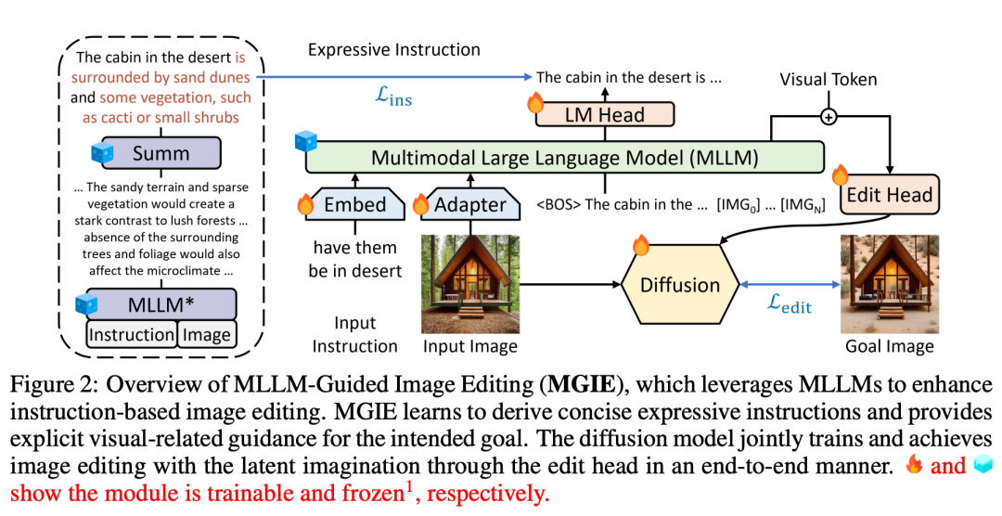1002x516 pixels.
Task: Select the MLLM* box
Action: pyautogui.click(x=161, y=304)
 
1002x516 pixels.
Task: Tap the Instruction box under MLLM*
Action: pyautogui.click(x=132, y=334)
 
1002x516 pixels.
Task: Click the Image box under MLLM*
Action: pyautogui.click(x=206, y=334)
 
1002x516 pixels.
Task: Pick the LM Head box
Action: pyautogui.click(x=603, y=115)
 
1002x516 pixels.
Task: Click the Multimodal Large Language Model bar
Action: pyautogui.click(x=564, y=158)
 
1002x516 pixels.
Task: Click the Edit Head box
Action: pyautogui.click(x=889, y=196)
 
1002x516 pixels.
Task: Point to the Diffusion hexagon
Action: pyautogui.click(x=680, y=283)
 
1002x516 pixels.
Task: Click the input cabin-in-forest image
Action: pyautogui.click(x=469, y=284)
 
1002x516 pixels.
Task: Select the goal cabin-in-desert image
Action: pyautogui.click(x=889, y=284)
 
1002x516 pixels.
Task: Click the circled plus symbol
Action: pyautogui.click(x=828, y=117)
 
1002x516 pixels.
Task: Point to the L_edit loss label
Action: pyautogui.click(x=783, y=303)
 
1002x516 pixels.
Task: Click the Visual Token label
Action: pyautogui.click(x=828, y=80)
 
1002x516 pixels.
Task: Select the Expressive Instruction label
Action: pyautogui.click(x=394, y=50)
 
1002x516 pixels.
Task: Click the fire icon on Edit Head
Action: pyautogui.click(x=841, y=174)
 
